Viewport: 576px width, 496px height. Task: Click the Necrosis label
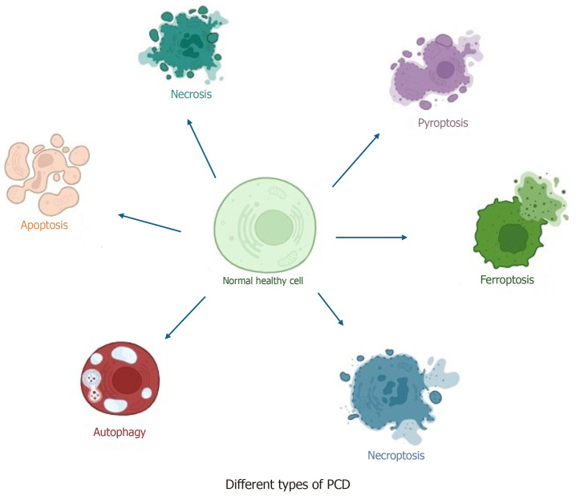click(x=190, y=94)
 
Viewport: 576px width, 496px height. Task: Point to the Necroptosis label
click(x=395, y=456)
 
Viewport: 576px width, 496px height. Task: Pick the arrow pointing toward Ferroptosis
click(x=371, y=237)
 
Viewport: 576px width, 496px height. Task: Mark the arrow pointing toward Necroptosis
click(x=331, y=310)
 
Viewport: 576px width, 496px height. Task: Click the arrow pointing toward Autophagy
click(x=185, y=316)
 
